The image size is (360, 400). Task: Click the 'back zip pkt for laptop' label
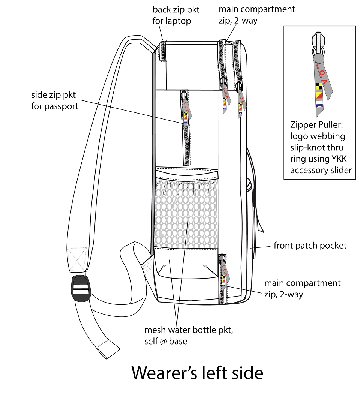[x=176, y=15]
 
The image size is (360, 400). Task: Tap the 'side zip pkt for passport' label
[x=55, y=100]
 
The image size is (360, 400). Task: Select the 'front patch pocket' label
[x=310, y=246]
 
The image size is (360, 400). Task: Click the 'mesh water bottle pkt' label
[x=189, y=330]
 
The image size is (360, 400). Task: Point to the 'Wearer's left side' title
[x=197, y=373]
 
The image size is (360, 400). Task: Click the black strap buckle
[x=81, y=289]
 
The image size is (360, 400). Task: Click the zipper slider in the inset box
[x=318, y=43]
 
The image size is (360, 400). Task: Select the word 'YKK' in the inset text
[x=339, y=159]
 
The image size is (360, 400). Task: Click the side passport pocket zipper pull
[x=186, y=108]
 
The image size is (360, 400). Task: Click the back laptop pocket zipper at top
[x=162, y=51]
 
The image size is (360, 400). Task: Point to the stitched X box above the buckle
[x=77, y=259]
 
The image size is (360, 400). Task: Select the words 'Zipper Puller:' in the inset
[x=316, y=125]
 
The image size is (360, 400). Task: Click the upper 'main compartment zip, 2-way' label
[x=256, y=15]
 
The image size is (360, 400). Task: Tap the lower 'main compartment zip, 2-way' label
[x=302, y=289]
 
